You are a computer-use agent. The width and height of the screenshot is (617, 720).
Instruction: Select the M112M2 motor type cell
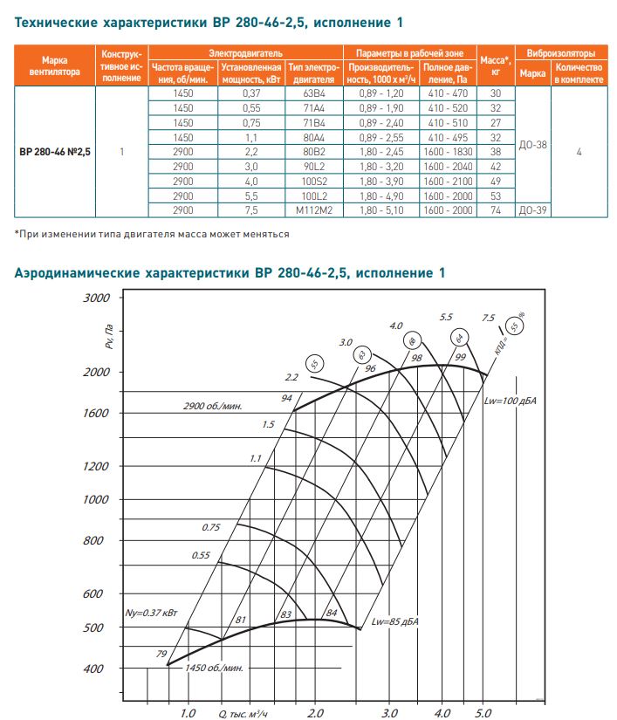coord(314,210)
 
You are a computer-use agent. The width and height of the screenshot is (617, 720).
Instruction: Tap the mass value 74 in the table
coord(496,210)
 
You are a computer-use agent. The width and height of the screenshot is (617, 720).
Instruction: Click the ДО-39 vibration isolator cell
coord(532,210)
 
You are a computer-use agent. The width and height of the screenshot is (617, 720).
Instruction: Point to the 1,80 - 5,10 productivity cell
coord(382,210)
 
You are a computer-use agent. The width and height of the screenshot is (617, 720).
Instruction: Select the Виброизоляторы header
coord(561,53)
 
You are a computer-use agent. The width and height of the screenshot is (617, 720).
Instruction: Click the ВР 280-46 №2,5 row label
coord(55,151)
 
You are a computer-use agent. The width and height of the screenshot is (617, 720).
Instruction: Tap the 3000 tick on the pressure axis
coord(96,298)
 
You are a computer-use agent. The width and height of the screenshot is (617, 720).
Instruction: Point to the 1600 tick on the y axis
coord(95,413)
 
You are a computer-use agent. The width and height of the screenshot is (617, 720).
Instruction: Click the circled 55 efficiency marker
coord(315,363)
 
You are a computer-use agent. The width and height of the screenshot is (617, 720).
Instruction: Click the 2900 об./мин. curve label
coord(212,407)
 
